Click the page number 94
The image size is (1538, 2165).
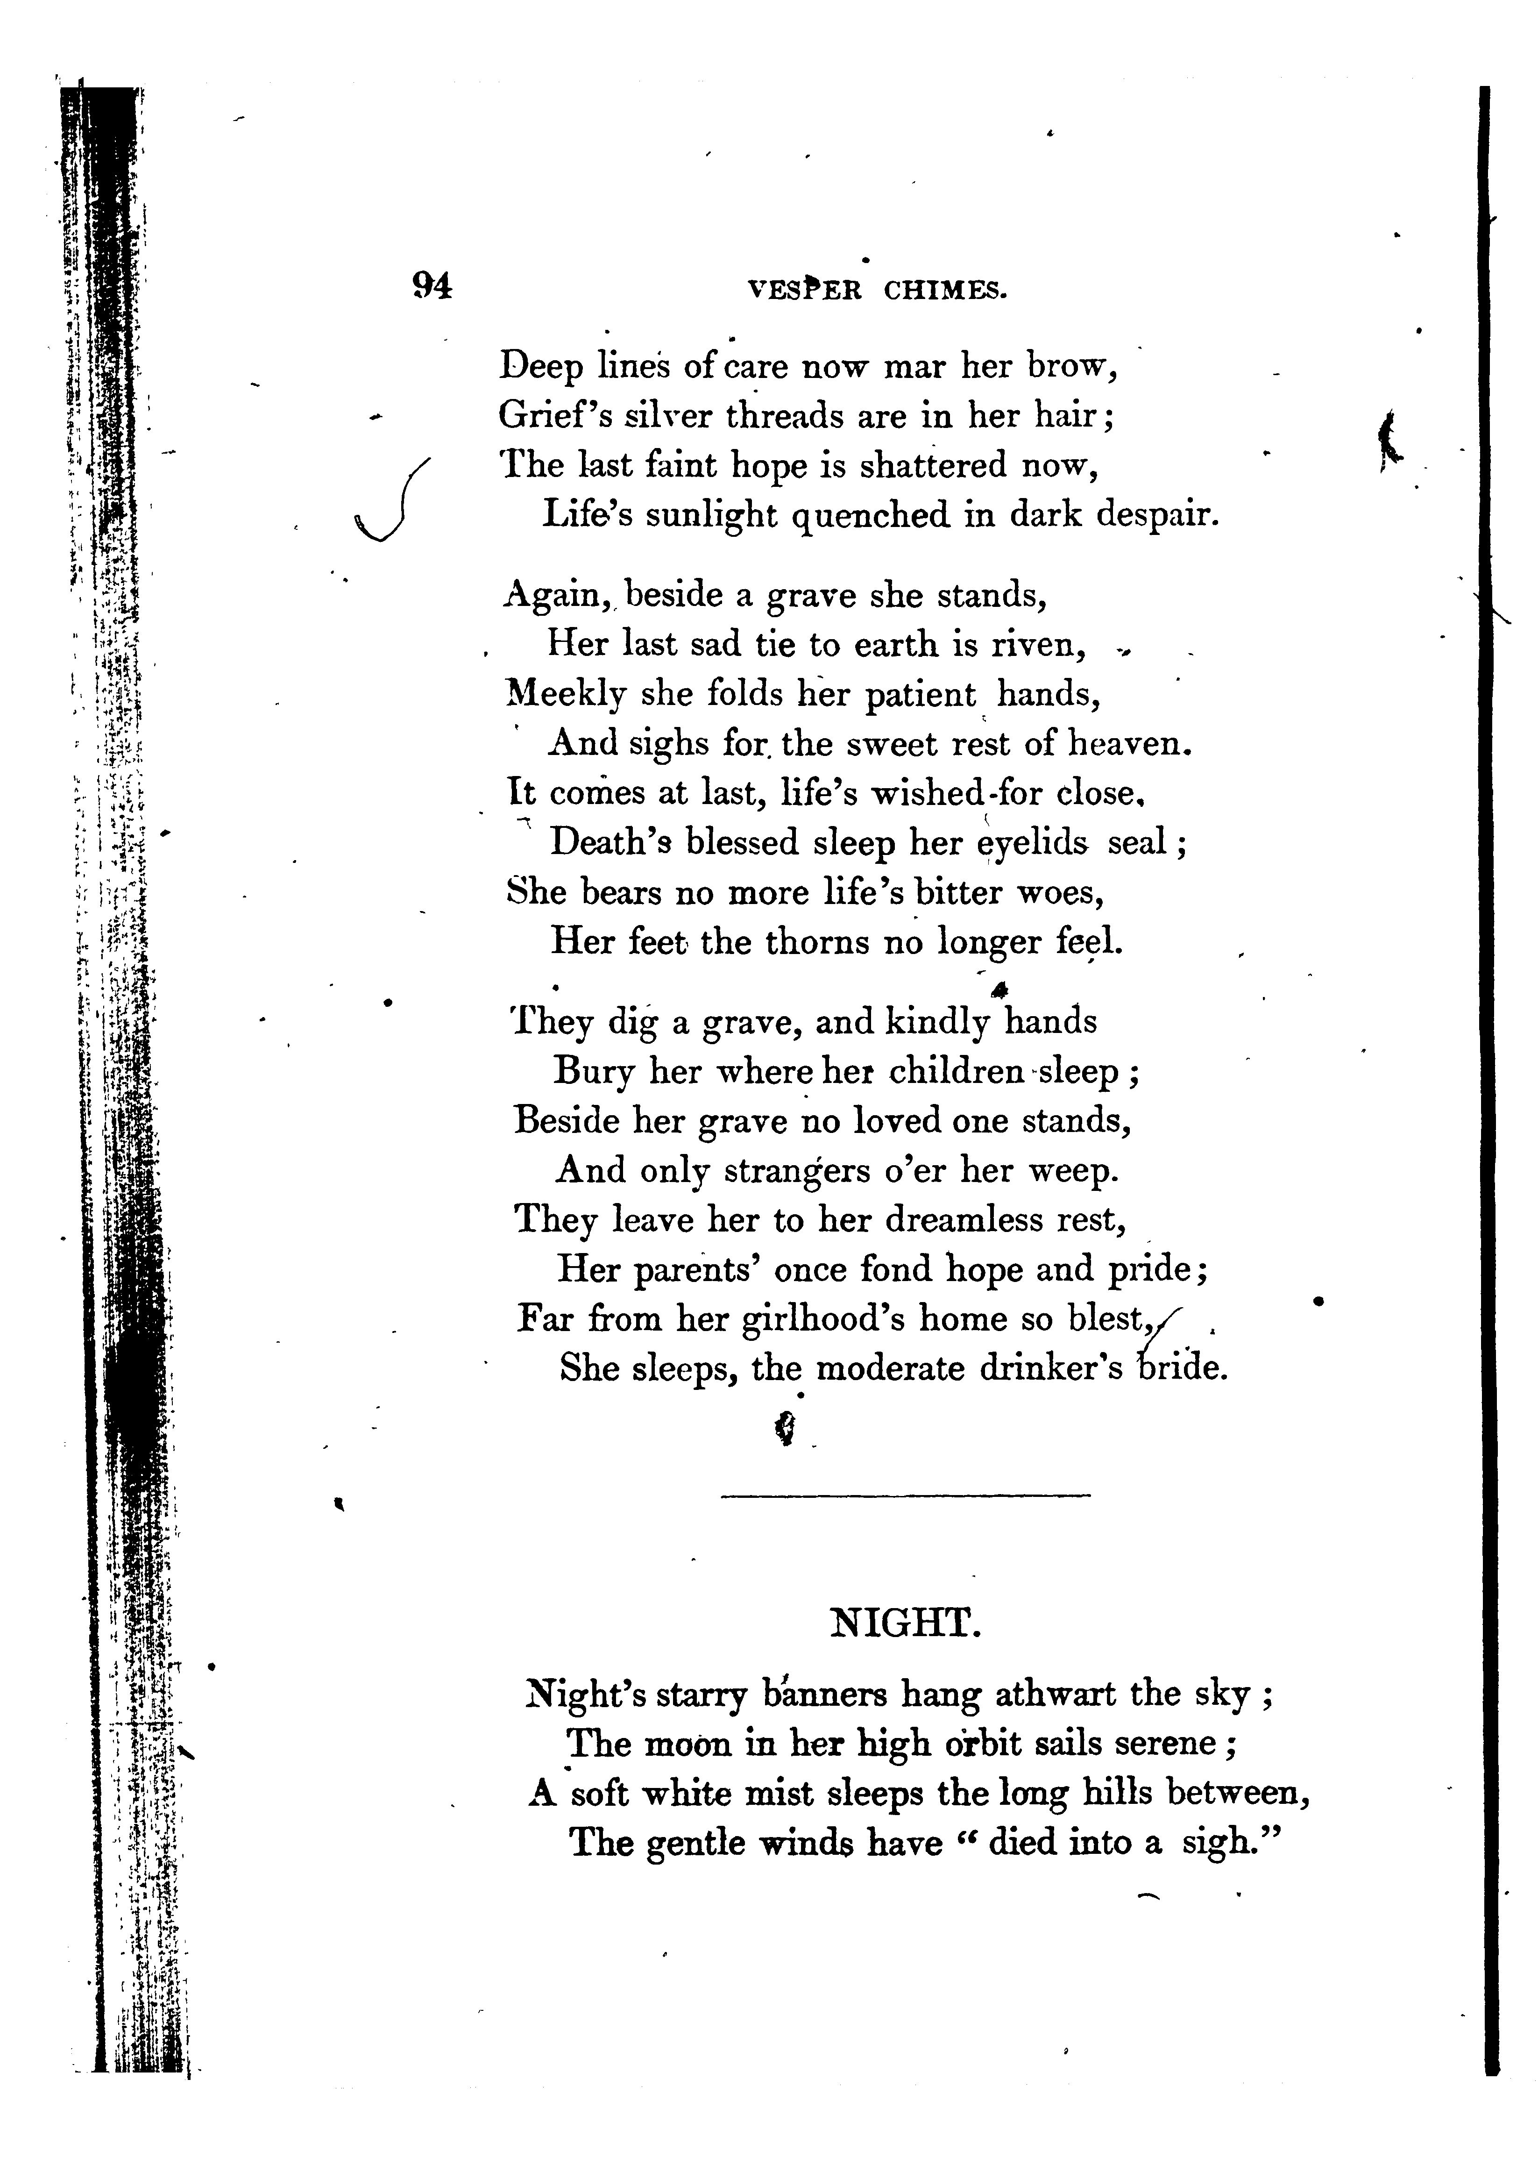pos(432,285)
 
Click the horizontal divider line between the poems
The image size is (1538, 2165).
pos(905,1496)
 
